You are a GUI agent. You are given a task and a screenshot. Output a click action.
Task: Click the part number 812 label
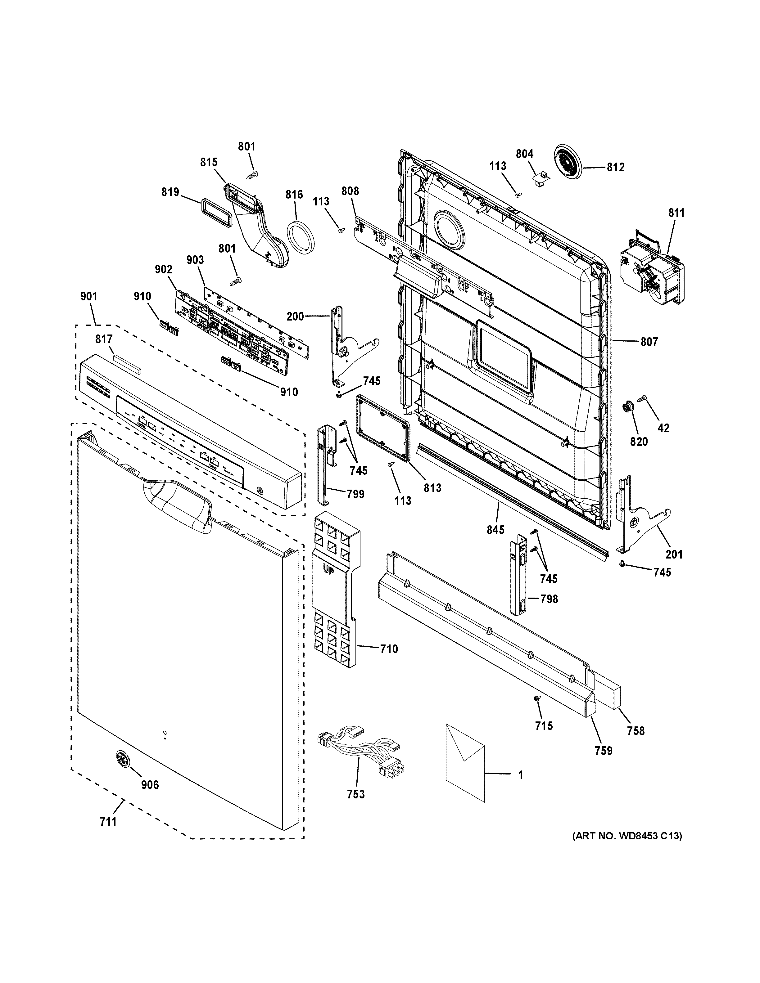pos(615,168)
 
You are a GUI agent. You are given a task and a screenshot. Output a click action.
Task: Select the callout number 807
pos(649,342)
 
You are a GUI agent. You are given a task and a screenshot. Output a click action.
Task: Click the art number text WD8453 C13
pos(627,836)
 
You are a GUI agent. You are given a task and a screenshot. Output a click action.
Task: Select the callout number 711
pos(108,821)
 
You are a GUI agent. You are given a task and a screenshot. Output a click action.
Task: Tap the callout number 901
pos(89,297)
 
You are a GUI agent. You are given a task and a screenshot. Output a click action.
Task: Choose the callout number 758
pos(636,731)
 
